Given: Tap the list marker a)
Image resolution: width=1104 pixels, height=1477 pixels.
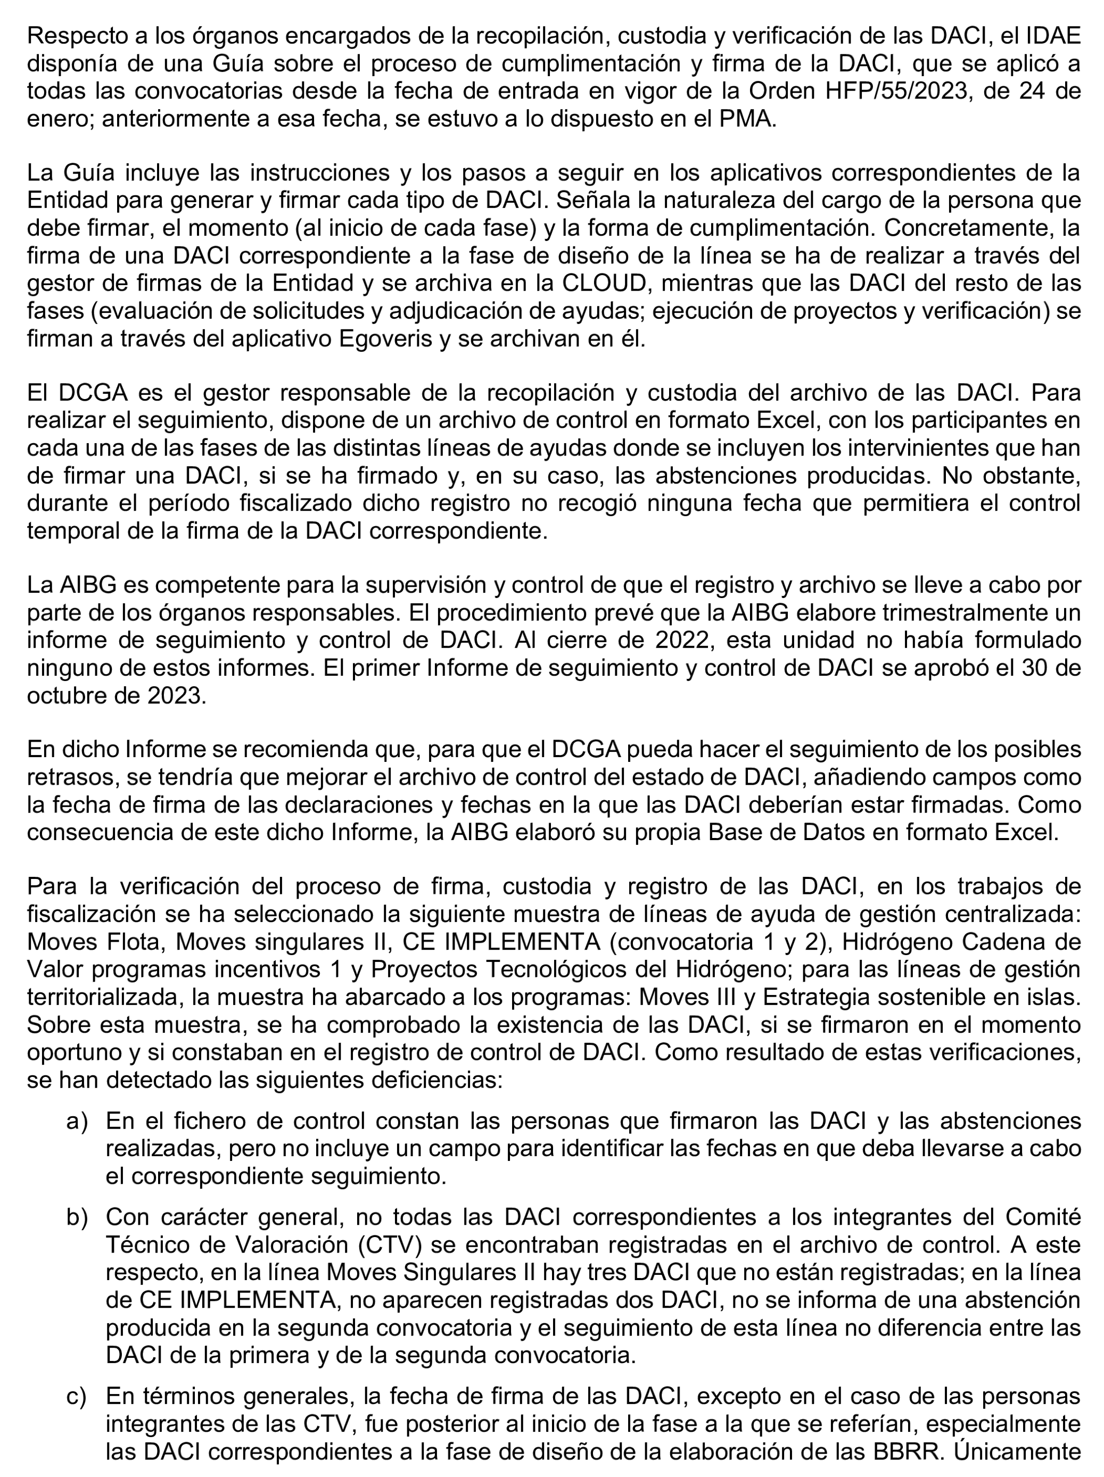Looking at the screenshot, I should [77, 1121].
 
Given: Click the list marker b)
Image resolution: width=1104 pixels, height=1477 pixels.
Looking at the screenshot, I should [77, 1217].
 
